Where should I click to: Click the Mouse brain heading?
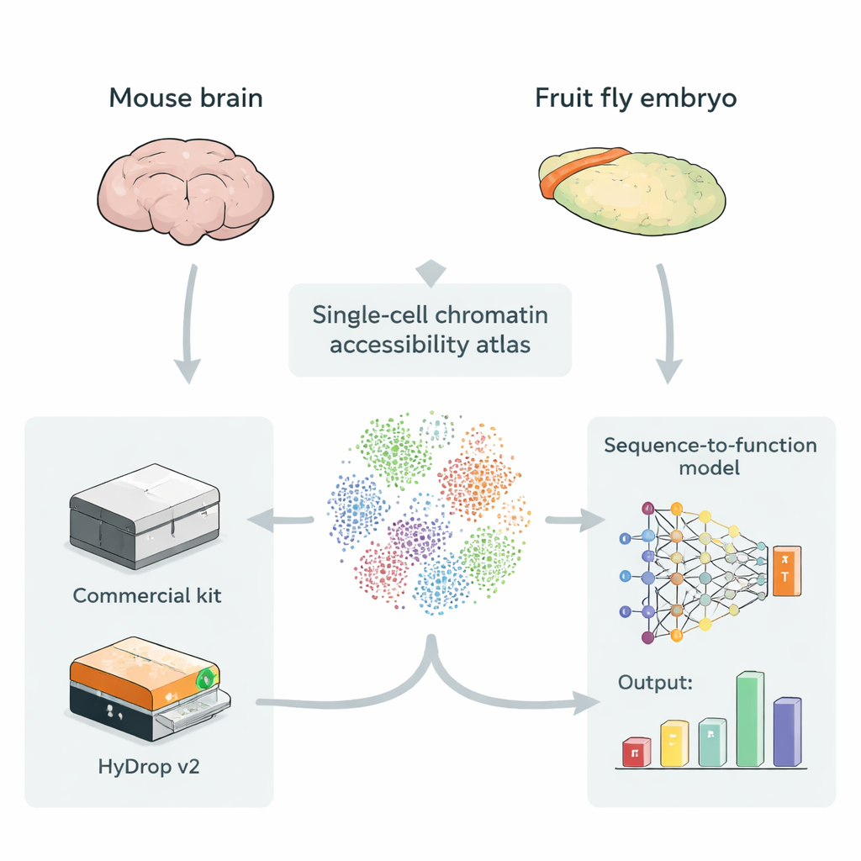pyautogui.click(x=186, y=98)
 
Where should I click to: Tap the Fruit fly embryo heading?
pyautogui.click(x=636, y=98)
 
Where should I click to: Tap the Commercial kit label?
pyautogui.click(x=147, y=596)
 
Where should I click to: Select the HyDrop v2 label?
pyautogui.click(x=148, y=767)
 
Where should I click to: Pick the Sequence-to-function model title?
pyautogui.click(x=710, y=456)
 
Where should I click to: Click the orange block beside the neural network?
pyautogui.click(x=786, y=573)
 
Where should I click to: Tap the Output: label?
pyautogui.click(x=655, y=683)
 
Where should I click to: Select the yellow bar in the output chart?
pyautogui.click(x=674, y=743)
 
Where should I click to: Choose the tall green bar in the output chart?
pyautogui.click(x=750, y=720)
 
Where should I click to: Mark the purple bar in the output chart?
pyautogui.click(x=787, y=732)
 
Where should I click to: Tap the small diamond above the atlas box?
pyautogui.click(x=430, y=272)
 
